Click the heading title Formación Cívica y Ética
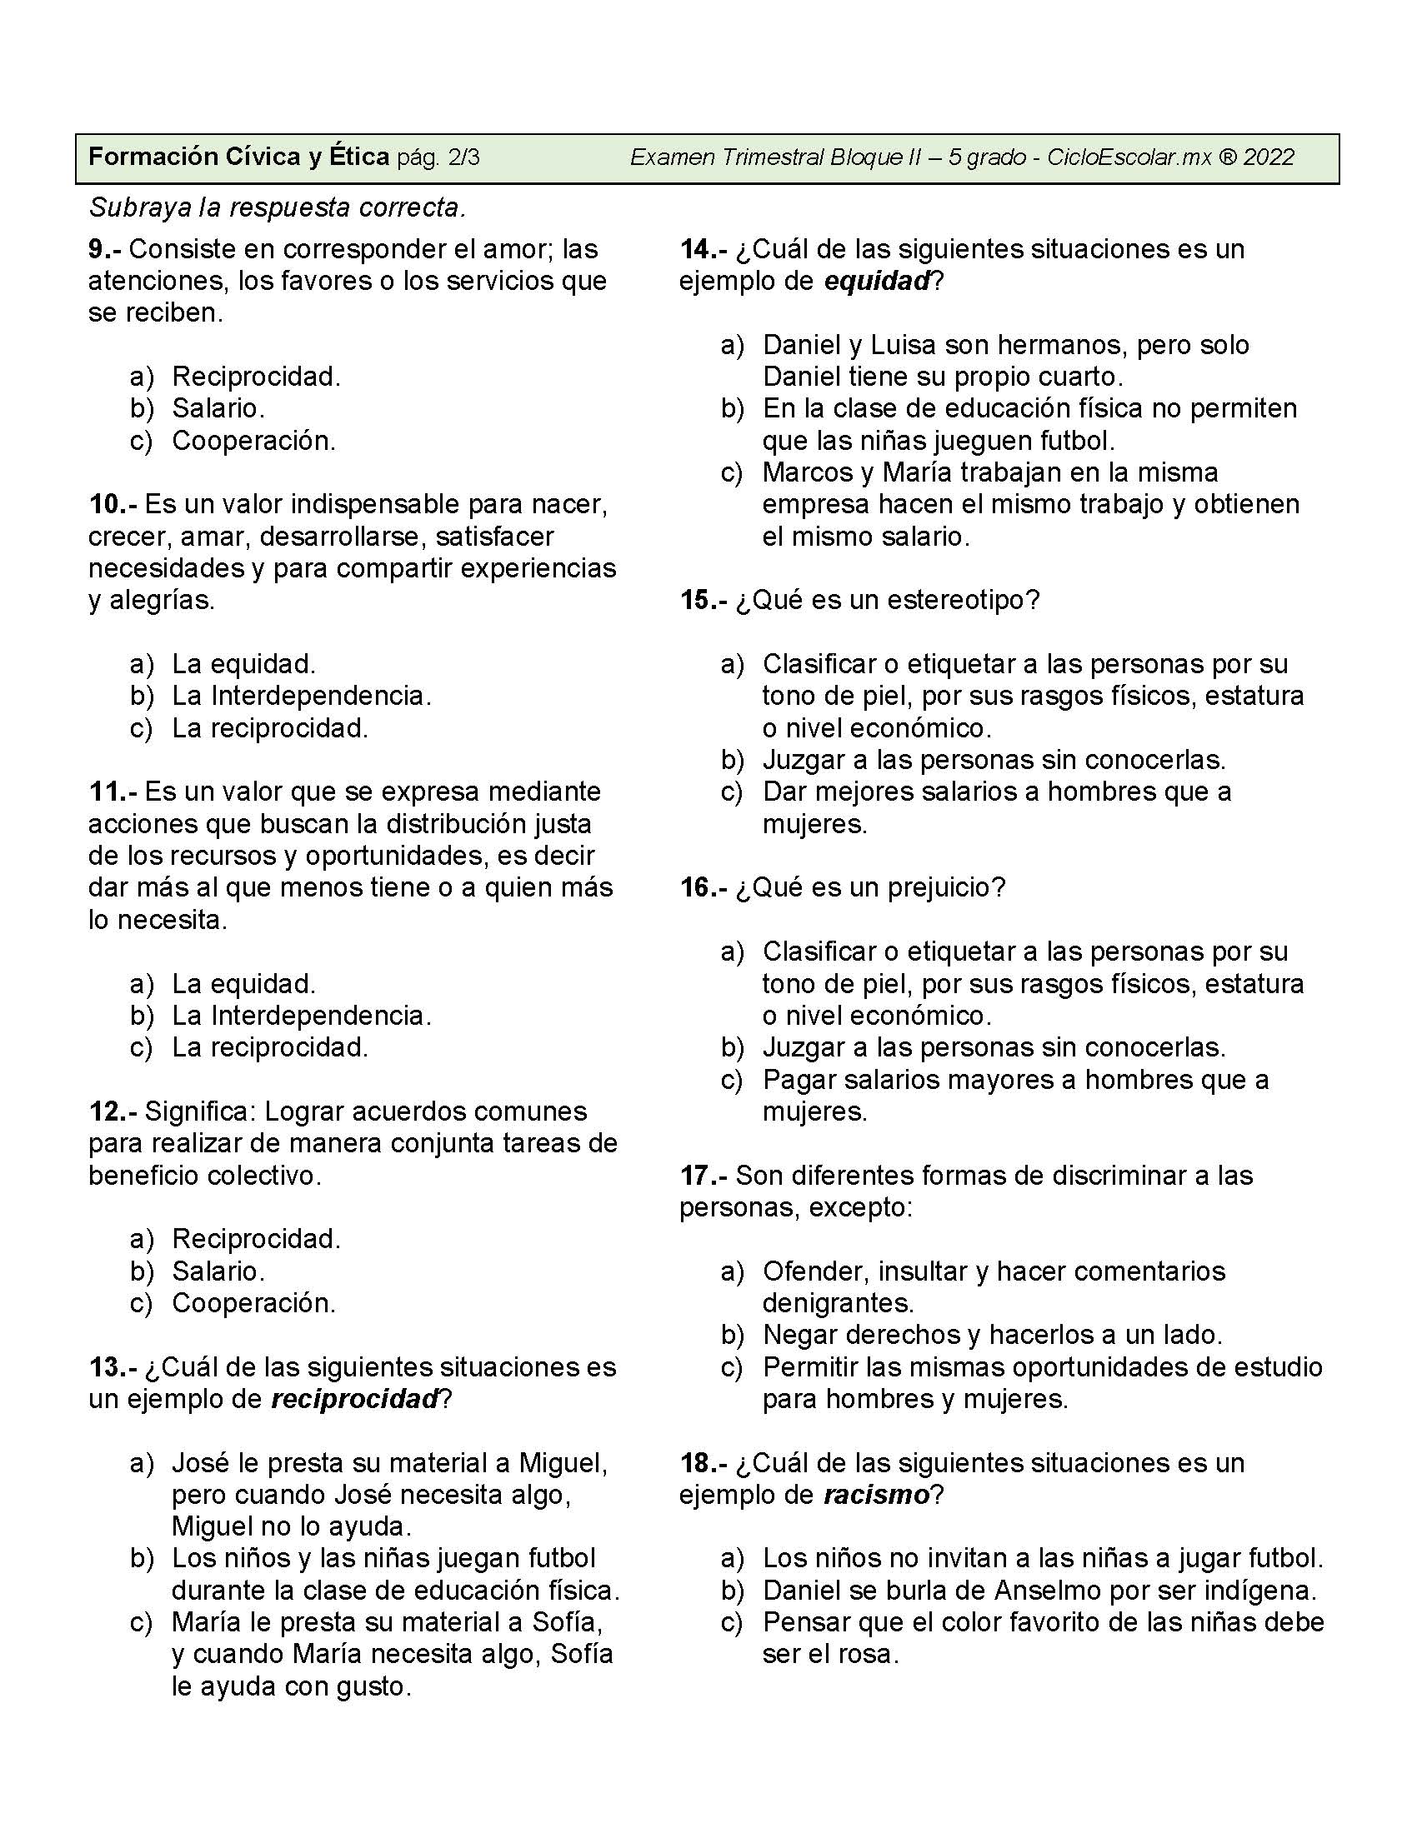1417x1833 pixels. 238,157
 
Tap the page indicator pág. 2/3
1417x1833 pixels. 438,157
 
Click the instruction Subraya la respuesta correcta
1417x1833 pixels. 277,207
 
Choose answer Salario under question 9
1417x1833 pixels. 218,409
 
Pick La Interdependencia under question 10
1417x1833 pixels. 302,696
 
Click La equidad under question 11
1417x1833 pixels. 243,983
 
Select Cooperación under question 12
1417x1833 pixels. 253,1302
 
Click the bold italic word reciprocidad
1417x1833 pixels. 355,1399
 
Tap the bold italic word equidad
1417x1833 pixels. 877,281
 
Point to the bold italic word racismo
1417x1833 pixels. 876,1495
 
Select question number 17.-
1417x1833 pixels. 703,1176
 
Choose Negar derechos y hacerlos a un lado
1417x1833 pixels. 992,1335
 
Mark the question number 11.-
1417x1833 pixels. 112,792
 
